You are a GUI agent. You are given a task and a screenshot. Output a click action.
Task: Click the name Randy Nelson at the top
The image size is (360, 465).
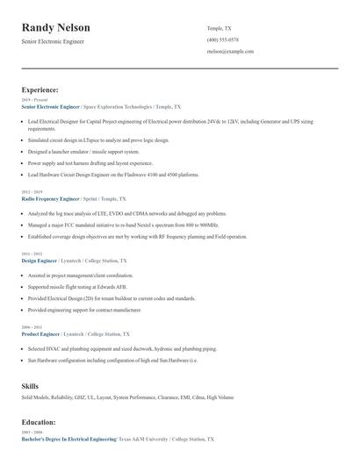[55, 28]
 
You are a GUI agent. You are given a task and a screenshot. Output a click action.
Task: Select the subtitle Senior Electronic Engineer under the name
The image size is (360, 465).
[54, 42]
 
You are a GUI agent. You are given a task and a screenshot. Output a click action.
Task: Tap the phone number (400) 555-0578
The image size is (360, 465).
[222, 39]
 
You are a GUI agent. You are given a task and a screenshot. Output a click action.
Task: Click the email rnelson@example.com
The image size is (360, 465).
[230, 52]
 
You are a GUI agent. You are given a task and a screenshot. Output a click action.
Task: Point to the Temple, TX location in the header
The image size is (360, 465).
[219, 28]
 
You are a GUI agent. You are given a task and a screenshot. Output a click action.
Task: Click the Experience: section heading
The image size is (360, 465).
[40, 89]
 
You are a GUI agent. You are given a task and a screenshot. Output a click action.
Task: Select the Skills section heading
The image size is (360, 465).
[30, 386]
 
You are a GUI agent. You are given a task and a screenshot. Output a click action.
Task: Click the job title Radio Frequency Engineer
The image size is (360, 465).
[53, 199]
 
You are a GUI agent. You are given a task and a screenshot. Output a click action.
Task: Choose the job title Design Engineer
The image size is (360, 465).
[40, 261]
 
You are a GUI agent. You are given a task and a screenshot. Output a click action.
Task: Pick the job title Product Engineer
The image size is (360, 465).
[40, 334]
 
